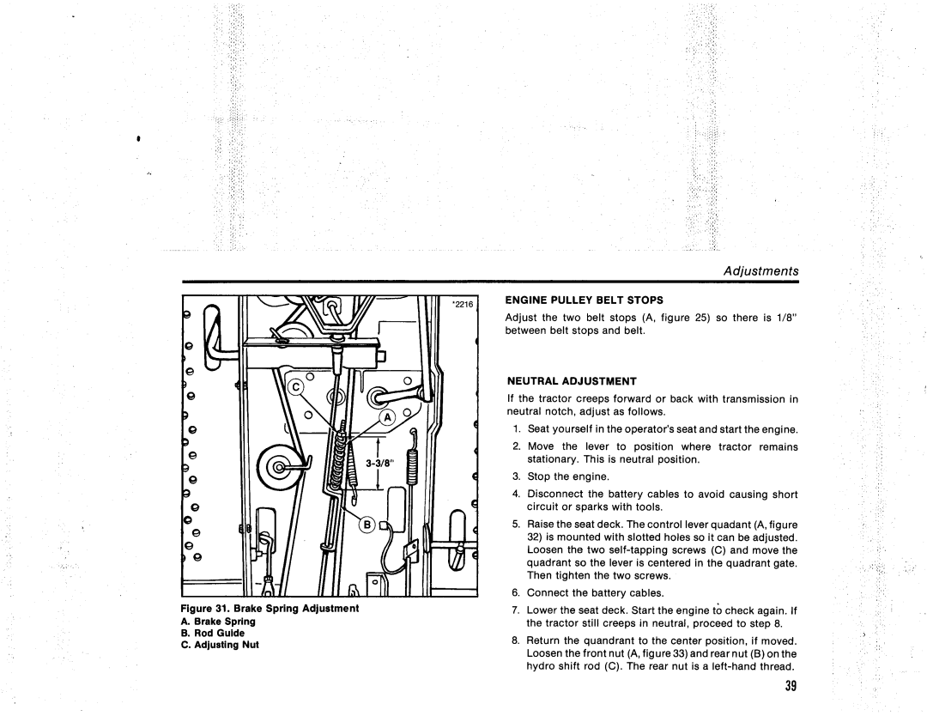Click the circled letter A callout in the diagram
point(387,417)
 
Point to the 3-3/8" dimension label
point(379,463)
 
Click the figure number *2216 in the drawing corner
point(463,304)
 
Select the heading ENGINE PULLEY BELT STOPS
point(573,300)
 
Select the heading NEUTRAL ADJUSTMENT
point(570,379)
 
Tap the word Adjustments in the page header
point(762,270)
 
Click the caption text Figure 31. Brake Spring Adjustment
point(270,609)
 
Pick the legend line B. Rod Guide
point(213,633)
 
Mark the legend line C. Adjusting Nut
point(221,645)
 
